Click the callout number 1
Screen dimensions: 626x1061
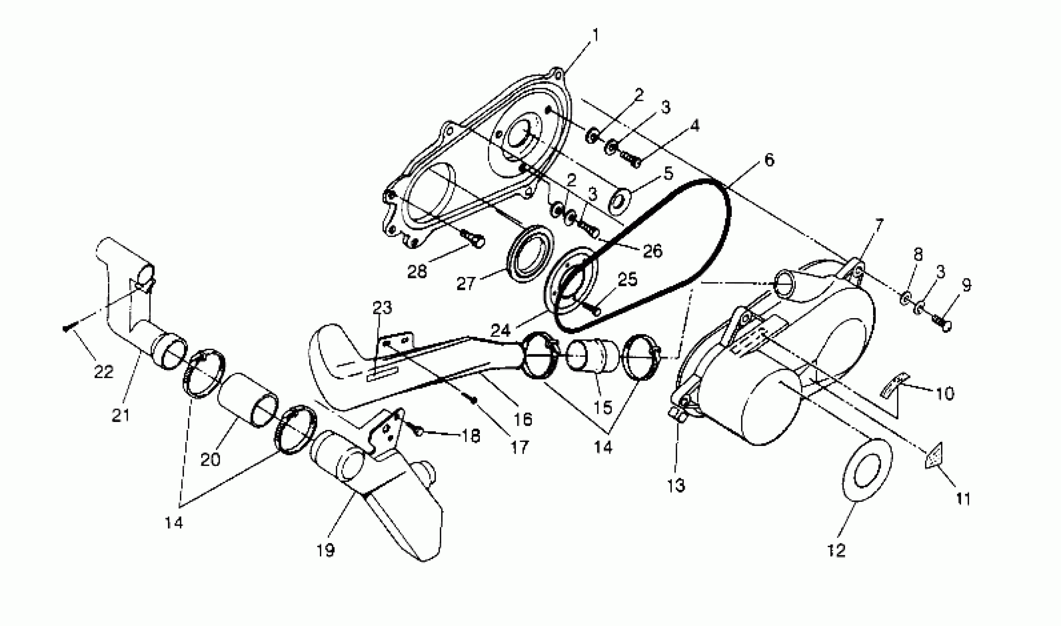(596, 35)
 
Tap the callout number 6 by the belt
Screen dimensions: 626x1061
(769, 160)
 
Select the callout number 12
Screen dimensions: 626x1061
(836, 550)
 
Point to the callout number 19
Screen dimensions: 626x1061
(325, 550)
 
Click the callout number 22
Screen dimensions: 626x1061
(104, 372)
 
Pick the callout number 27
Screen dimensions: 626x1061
(466, 284)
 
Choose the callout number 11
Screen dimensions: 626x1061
(963, 499)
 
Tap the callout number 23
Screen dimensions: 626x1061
(382, 307)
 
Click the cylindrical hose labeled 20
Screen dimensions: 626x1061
(247, 400)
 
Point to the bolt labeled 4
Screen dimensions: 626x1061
(630, 160)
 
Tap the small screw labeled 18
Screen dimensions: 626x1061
(418, 431)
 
